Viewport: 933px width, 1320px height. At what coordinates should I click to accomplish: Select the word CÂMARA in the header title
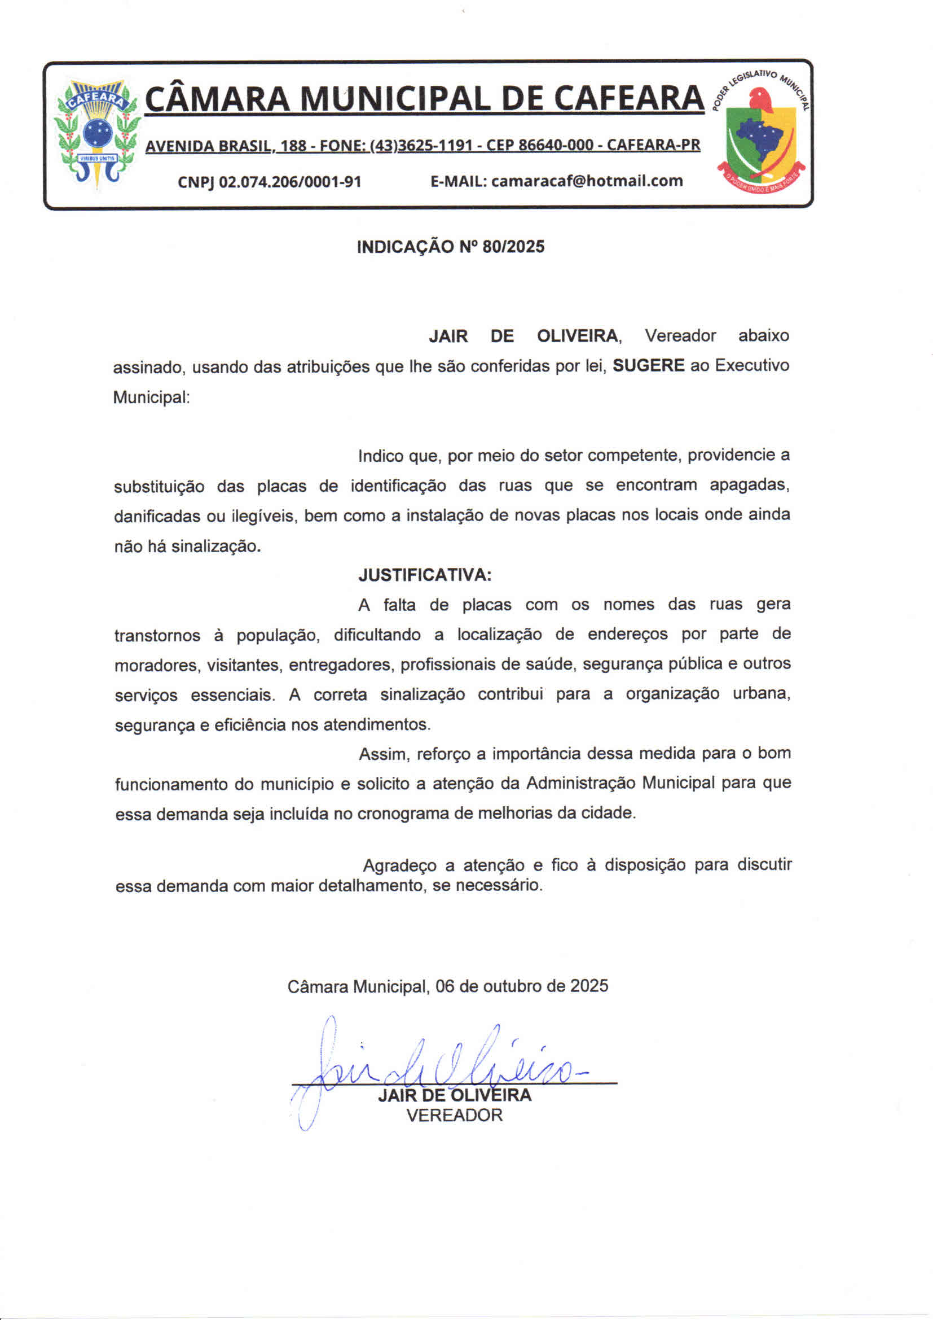[x=217, y=98]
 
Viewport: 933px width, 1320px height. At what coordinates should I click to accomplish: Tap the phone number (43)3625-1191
[x=421, y=146]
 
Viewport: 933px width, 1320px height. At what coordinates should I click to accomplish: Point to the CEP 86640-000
[x=539, y=145]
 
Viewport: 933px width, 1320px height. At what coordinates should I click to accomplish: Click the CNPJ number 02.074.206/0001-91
[x=290, y=182]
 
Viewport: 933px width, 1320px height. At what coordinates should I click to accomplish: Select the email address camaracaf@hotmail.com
[x=587, y=181]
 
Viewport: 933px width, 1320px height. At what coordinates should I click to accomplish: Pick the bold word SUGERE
[x=648, y=366]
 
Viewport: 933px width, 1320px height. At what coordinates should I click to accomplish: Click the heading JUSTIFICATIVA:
[x=425, y=575]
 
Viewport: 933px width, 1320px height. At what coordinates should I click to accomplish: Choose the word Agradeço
[x=403, y=866]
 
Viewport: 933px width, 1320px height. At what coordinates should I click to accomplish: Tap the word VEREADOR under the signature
[x=454, y=1114]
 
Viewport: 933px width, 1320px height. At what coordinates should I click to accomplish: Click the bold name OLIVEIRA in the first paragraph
[x=577, y=336]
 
